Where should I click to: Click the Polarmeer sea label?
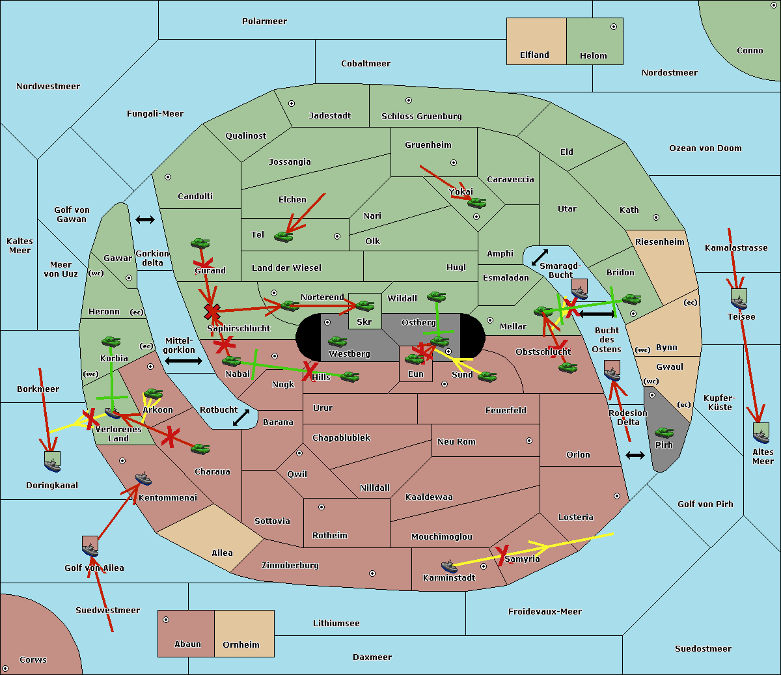click(264, 21)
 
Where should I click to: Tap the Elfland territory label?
click(534, 55)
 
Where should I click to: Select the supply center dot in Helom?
click(613, 27)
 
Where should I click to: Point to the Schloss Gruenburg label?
click(421, 117)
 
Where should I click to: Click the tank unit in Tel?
click(283, 237)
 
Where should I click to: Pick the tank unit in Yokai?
click(477, 203)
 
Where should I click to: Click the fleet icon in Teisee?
click(739, 300)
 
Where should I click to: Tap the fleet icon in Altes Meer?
click(761, 434)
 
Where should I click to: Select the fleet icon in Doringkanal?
click(52, 462)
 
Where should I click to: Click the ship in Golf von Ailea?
click(90, 547)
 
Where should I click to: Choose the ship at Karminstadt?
click(449, 566)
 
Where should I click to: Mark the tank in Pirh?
click(664, 433)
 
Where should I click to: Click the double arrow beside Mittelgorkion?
click(183, 361)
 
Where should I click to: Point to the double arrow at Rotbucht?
click(241, 417)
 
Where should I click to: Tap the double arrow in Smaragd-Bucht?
click(540, 258)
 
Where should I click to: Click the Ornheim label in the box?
click(241, 645)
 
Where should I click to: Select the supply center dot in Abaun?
click(166, 620)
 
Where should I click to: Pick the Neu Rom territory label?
click(456, 442)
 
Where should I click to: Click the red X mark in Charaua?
click(170, 436)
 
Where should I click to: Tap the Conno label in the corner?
click(750, 51)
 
